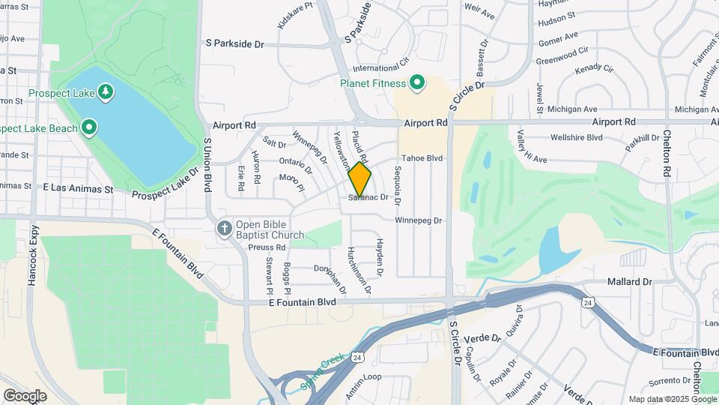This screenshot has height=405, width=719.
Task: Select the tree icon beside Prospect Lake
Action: coord(106,92)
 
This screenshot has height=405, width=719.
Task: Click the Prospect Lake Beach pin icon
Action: coord(89,127)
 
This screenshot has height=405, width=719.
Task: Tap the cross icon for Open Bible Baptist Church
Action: coord(223,228)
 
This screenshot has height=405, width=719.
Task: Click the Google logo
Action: coord(25,396)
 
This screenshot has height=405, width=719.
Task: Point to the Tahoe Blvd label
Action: coord(422,158)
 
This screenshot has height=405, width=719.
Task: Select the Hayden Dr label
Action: coord(380,254)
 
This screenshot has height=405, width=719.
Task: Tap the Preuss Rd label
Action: coord(270,247)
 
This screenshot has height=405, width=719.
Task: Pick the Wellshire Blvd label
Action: coord(577,138)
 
